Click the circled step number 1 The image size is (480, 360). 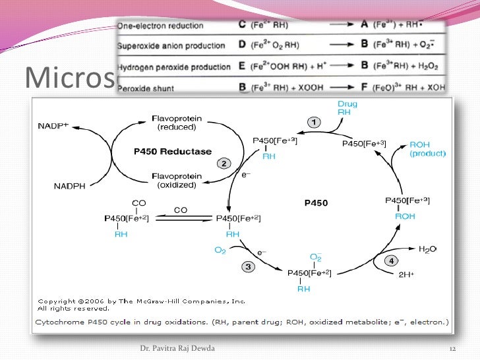314,122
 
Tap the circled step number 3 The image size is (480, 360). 248,266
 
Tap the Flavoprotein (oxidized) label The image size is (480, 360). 176,180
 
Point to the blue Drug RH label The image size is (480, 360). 347,107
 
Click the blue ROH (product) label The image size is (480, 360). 428,149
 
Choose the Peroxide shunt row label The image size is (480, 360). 142,86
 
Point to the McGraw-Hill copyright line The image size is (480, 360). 141,301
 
